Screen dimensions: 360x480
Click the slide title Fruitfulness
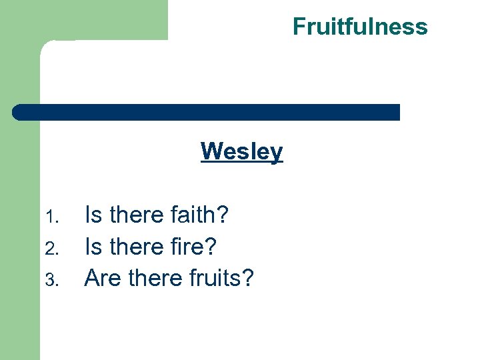(x=360, y=27)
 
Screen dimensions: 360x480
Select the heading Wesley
(x=241, y=151)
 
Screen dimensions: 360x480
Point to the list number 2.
(x=55, y=248)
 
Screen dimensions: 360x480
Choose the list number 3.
(x=55, y=279)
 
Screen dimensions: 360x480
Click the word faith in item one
(x=194, y=215)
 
